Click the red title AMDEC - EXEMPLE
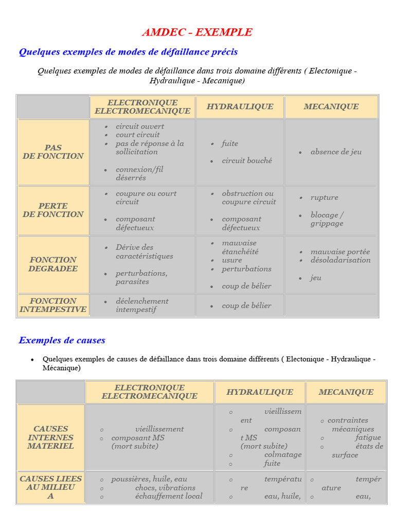click(x=197, y=32)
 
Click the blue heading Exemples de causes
click(x=62, y=340)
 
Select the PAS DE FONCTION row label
click(x=53, y=152)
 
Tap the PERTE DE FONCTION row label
click(x=53, y=210)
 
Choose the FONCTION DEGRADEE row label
click(x=53, y=264)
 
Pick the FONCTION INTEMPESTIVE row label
click(x=53, y=305)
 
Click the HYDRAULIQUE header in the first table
click(x=240, y=107)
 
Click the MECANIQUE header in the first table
click(x=331, y=107)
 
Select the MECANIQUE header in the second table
click(x=346, y=392)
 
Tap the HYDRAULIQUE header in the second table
click(x=260, y=392)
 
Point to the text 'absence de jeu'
click(x=336, y=152)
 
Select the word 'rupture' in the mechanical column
click(x=324, y=198)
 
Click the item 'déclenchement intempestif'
click(x=141, y=305)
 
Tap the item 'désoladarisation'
click(x=340, y=260)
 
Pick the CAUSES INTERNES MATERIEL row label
click(x=50, y=437)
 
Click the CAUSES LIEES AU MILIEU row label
click(x=50, y=487)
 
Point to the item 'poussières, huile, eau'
click(x=149, y=479)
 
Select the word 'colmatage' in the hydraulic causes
click(x=282, y=455)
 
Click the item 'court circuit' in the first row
click(x=137, y=135)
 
